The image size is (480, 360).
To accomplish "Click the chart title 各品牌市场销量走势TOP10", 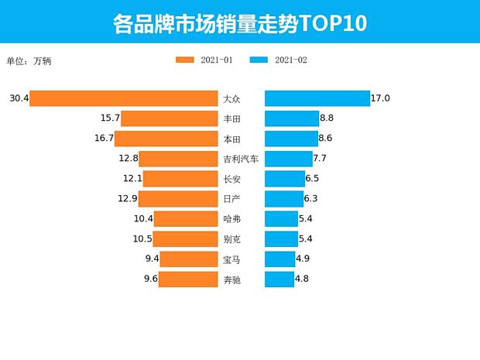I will (x=240, y=22).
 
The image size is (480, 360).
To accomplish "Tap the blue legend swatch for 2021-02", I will (x=259, y=60).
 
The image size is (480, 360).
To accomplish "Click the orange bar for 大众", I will (x=124, y=98).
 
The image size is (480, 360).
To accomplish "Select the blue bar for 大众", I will (x=317, y=98).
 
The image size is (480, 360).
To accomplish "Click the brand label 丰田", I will (x=231, y=118).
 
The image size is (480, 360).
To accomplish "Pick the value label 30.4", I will (x=19, y=98).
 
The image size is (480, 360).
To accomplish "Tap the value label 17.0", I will (x=380, y=98).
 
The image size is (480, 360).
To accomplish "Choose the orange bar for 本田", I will (x=166, y=139).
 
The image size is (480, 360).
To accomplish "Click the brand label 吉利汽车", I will (x=241, y=159).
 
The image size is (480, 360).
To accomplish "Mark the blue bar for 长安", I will (x=285, y=179).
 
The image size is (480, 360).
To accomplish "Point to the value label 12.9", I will (x=128, y=199).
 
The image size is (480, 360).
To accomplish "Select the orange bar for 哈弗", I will (x=186, y=219).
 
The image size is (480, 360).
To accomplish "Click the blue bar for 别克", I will (x=282, y=239).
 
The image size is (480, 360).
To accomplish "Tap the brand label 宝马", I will (x=231, y=259).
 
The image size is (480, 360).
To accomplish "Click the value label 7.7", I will (x=321, y=159).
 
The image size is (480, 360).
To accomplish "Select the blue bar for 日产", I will (x=284, y=199).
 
